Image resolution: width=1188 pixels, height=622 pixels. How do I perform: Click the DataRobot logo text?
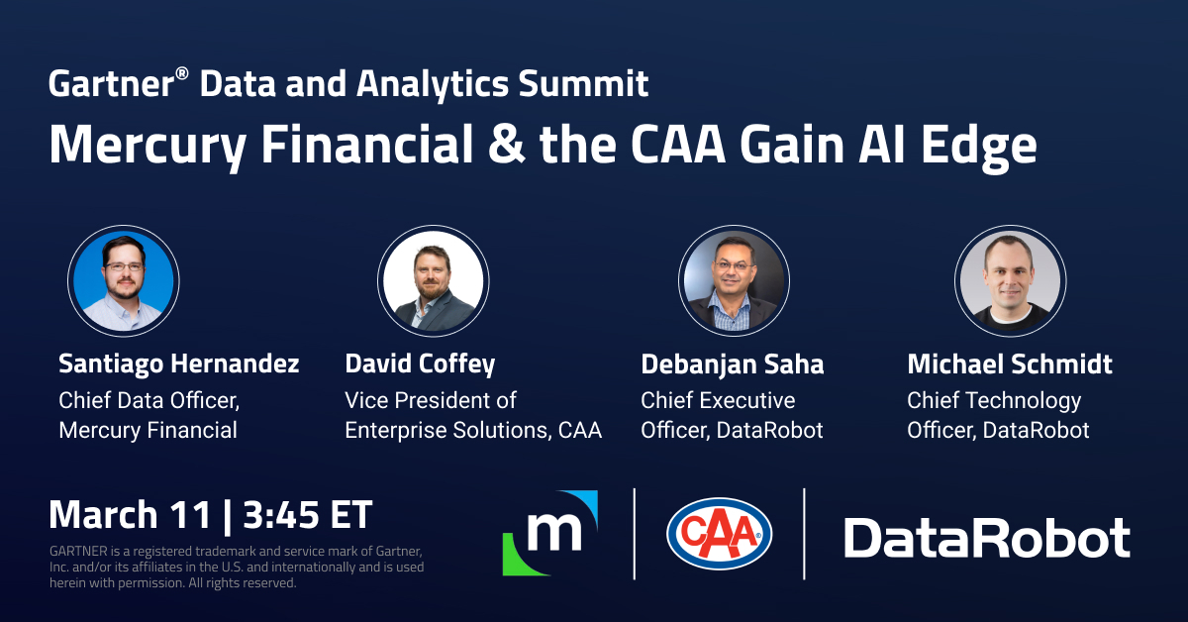click(x=986, y=538)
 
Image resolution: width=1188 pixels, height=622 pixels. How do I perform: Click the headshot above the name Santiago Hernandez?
click(x=123, y=281)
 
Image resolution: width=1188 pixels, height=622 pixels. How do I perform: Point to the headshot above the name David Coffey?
click(x=434, y=281)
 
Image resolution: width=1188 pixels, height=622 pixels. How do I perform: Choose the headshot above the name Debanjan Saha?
click(x=734, y=281)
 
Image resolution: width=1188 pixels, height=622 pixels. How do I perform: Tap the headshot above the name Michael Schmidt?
click(x=1010, y=281)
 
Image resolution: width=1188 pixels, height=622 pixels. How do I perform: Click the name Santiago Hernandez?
click(x=179, y=364)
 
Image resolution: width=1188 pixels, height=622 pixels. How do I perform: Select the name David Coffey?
click(x=420, y=364)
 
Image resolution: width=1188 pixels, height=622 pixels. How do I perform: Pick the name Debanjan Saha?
click(x=732, y=364)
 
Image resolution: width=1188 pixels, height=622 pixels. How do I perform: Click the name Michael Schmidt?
click(x=1010, y=364)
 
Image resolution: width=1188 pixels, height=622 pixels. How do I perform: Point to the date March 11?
click(x=130, y=515)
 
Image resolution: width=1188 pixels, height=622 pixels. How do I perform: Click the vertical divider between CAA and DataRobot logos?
click(x=804, y=534)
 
